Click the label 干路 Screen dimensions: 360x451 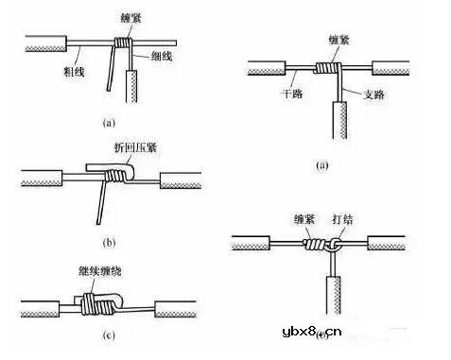(288, 94)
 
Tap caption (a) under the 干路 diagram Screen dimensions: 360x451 (321, 164)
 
